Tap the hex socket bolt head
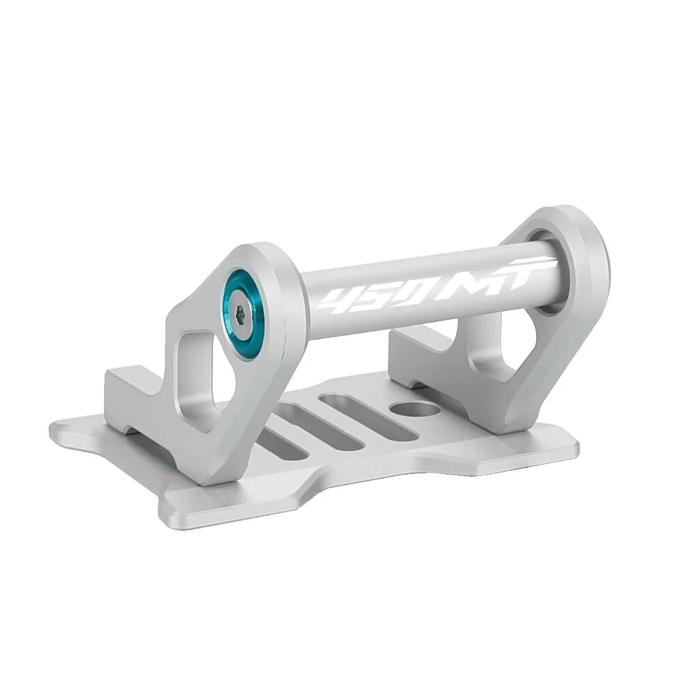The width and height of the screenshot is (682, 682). pos(243,312)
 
